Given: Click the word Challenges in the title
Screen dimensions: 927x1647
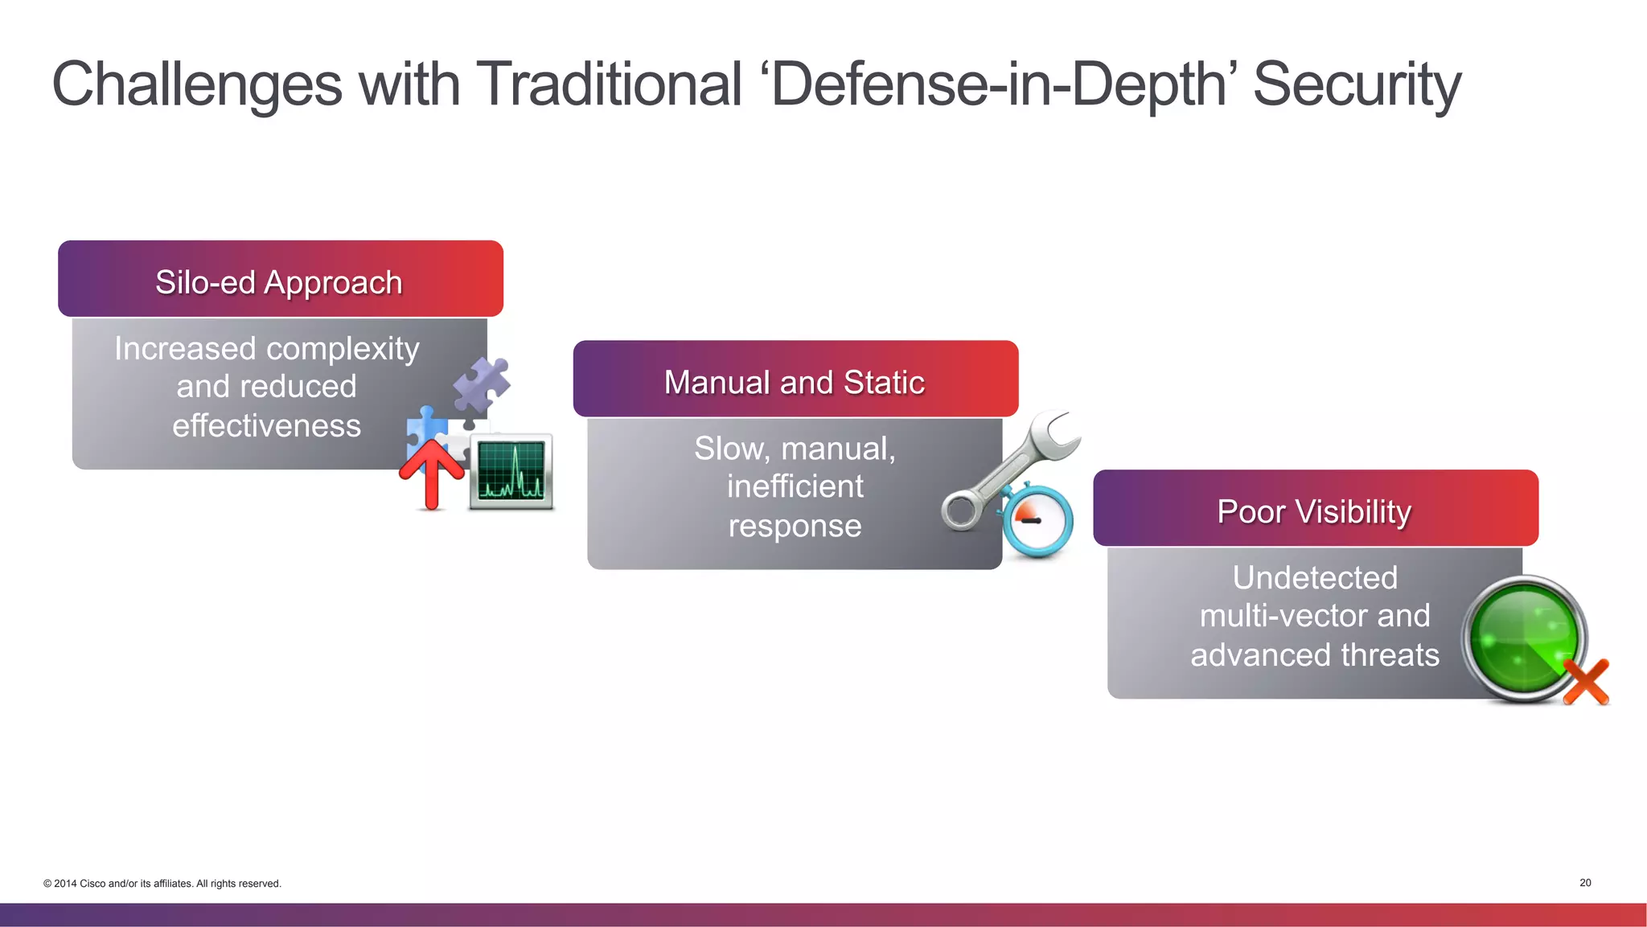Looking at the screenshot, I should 197,85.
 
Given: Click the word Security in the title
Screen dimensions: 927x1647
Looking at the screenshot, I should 1357,85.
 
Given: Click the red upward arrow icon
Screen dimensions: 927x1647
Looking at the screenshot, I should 432,474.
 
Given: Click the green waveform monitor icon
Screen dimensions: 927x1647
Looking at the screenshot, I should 511,472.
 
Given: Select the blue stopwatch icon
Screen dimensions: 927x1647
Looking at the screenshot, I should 1038,521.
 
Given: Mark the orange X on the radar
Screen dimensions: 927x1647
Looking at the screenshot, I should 1586,682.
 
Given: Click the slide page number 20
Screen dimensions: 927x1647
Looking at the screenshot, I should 1585,883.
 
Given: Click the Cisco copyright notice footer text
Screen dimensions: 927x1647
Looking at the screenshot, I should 162,884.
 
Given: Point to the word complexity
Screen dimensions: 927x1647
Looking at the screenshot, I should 343,349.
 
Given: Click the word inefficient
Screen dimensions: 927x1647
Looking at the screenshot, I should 795,486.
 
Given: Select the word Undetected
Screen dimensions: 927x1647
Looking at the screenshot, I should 1315,577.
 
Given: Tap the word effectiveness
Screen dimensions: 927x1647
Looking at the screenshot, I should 266,426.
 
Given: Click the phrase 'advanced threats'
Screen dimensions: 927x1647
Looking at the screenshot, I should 1315,655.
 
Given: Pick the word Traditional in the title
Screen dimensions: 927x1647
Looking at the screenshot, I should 609,85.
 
